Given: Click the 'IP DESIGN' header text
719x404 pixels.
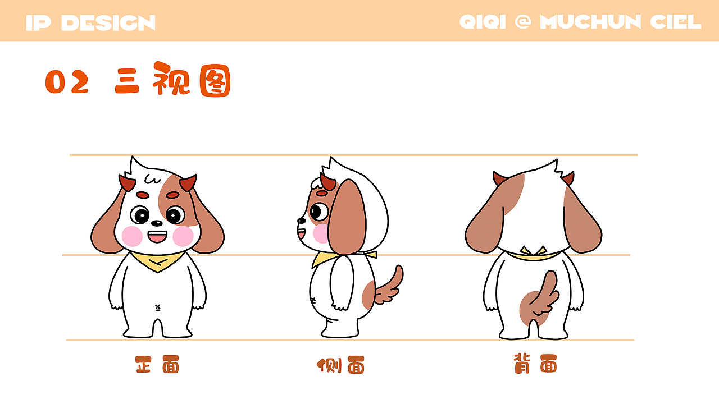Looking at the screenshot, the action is pos(90,23).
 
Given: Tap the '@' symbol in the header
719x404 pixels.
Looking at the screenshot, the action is pos(523,22).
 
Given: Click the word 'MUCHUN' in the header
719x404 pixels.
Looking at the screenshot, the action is pos(590,22).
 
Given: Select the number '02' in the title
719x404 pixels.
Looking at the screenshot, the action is pos(67,82).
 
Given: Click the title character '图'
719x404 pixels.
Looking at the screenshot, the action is pos(215,80).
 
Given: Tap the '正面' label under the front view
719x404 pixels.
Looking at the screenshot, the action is pos(157,364).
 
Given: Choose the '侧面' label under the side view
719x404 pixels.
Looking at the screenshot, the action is pos(340,365).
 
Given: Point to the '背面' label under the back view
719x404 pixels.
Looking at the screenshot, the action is pos(535,364).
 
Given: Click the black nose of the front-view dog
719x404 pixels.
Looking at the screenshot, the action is pos(157,223).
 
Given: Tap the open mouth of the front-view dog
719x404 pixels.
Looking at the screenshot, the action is pos(157,237).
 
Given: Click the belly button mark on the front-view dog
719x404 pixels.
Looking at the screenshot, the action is pos(157,307).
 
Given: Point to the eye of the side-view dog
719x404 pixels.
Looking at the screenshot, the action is pos(319,212).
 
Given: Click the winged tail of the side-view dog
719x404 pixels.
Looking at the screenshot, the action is pos(389,286).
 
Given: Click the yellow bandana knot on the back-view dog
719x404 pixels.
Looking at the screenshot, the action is pos(534,251).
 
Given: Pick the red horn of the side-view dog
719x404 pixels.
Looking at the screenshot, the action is pos(327,182).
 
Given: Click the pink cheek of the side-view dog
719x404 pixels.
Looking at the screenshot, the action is pos(321,233).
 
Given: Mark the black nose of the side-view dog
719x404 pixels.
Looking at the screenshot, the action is pos(302,221).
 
